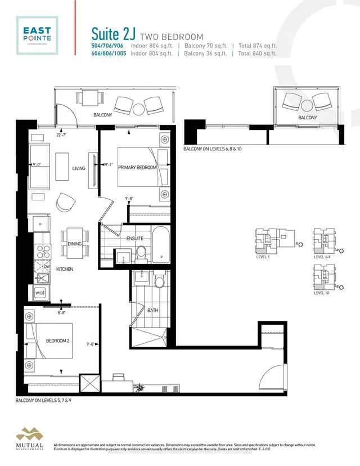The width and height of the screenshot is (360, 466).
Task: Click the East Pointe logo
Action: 35,35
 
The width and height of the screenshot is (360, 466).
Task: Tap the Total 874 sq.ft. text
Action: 257,46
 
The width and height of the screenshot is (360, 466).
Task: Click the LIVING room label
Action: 78,168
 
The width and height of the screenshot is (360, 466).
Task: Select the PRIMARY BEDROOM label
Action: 137,183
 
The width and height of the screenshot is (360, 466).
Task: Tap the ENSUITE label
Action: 135,239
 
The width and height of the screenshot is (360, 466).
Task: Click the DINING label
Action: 75,244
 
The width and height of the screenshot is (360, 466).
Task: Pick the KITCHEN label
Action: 65,269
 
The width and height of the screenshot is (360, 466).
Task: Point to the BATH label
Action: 152,310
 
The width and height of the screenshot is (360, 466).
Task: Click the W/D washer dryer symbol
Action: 40,293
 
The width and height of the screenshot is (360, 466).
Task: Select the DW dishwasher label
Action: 54,267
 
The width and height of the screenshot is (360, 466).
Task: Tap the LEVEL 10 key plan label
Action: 321,293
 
